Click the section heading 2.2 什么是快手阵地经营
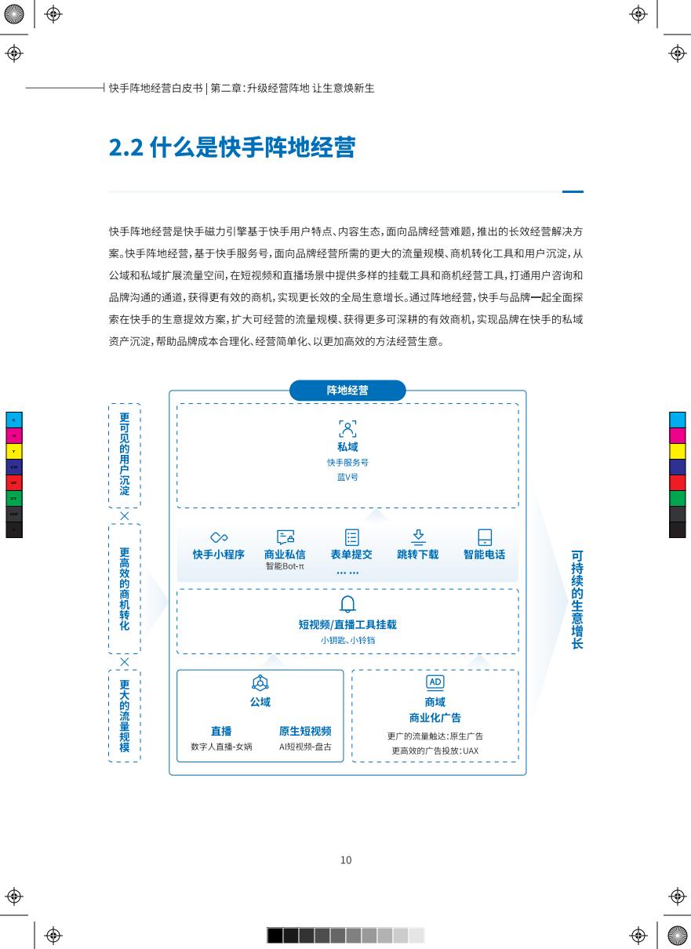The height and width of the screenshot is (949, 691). pos(232,147)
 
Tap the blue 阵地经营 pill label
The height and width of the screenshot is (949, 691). pos(347,391)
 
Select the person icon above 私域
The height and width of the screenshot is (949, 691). pos(347,429)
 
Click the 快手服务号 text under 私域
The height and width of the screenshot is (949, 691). pos(347,462)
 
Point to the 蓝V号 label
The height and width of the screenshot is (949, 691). pos(347,477)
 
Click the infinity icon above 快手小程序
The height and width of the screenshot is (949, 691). pos(219,537)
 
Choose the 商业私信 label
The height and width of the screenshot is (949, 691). pos(285,554)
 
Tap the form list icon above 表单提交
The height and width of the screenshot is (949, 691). pos(351,537)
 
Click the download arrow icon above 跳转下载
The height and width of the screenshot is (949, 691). pos(418,536)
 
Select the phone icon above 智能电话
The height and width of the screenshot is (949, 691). pos(485,537)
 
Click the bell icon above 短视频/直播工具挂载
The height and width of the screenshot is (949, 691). pos(347,604)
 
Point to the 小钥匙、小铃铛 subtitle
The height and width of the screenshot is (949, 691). pos(347,640)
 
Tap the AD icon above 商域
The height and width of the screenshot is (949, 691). pos(435,682)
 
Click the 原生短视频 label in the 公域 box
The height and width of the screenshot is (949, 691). pos(305,731)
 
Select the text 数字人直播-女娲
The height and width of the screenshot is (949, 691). pos(221,747)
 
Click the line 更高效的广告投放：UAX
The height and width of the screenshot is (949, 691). pos(435,751)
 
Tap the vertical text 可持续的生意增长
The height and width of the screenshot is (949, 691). pos(577,599)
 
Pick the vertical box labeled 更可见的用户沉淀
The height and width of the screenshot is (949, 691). pos(125,456)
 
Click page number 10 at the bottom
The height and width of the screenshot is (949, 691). pos(346,860)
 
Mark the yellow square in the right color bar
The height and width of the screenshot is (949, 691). pos(677,451)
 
